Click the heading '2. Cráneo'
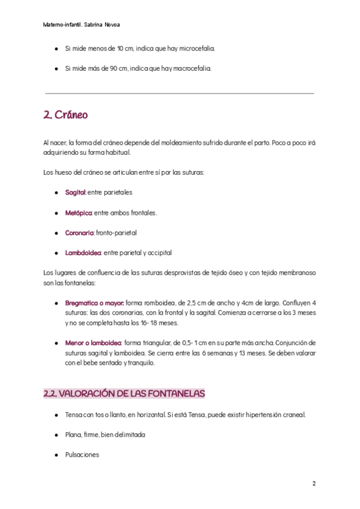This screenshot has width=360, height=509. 66,115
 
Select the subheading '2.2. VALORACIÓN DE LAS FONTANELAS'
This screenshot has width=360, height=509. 124,394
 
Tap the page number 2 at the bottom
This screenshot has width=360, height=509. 314,484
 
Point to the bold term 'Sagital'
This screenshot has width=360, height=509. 76,193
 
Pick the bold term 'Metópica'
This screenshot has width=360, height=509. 79,212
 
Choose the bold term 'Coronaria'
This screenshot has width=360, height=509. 80,233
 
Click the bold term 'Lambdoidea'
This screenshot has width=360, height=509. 83,253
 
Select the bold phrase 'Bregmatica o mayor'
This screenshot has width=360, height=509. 94,303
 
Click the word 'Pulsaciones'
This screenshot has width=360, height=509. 82,455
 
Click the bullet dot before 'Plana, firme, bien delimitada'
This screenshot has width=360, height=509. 56,435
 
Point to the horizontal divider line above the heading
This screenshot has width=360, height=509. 179,93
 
